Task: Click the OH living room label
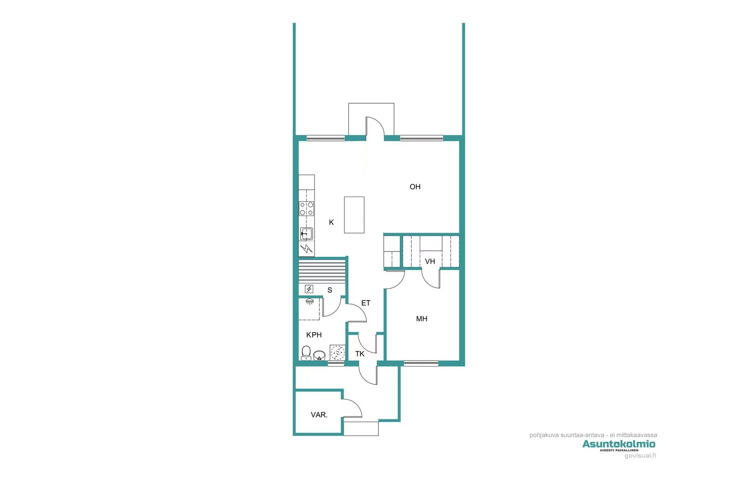point(415,187)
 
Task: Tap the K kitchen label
point(331,222)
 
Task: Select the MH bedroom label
point(422,319)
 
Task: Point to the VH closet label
point(430,262)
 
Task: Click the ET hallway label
point(366,303)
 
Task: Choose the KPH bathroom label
point(314,335)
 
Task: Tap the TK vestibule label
point(360,354)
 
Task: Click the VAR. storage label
point(319,415)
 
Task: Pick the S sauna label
point(330,290)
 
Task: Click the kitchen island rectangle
point(354,215)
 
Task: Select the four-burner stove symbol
point(306,209)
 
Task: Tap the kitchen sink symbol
point(306,234)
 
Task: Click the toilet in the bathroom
point(306,353)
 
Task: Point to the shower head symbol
point(310,301)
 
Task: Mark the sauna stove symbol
point(309,289)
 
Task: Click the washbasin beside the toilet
point(319,355)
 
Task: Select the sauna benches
point(322,271)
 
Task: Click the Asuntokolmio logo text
point(619,444)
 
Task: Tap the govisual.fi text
point(640,455)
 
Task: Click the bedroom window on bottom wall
point(421,363)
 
